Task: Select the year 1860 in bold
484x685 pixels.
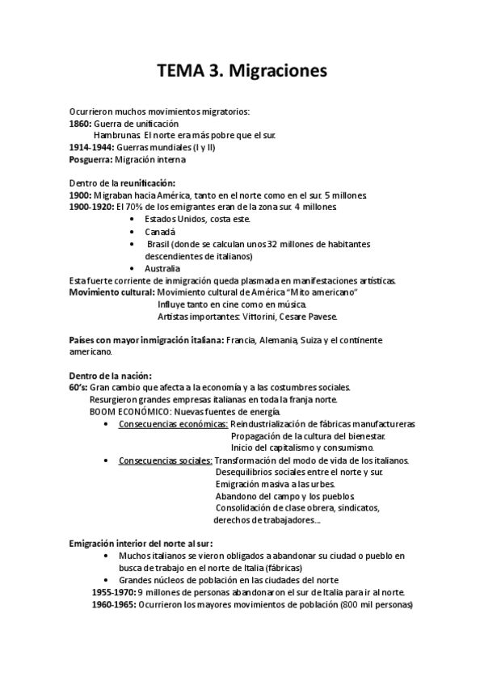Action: [80, 124]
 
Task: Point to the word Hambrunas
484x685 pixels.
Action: [116, 136]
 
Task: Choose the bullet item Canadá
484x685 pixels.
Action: [160, 231]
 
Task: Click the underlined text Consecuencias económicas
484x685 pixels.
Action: [173, 423]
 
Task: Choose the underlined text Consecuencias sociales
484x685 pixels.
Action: [165, 460]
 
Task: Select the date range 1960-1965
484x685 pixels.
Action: [114, 604]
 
